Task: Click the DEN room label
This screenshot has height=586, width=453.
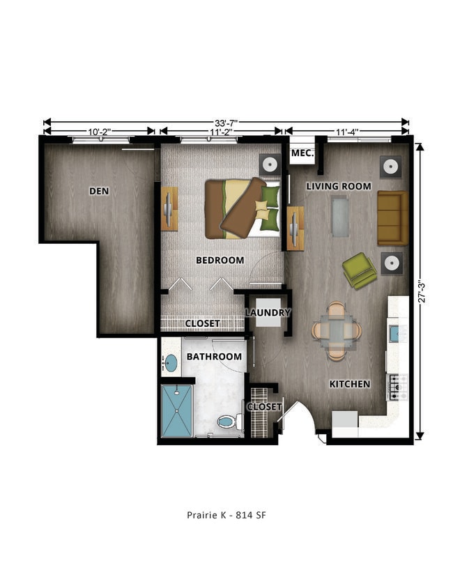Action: [x=100, y=191]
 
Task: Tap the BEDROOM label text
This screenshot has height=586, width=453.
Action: [x=220, y=261]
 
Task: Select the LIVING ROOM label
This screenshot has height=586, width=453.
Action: [x=339, y=186]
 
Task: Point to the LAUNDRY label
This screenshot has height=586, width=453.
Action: [x=268, y=313]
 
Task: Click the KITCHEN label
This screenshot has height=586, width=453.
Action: [x=349, y=384]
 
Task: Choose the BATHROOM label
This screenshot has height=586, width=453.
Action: [x=214, y=357]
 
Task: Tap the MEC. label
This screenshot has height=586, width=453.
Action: [x=302, y=153]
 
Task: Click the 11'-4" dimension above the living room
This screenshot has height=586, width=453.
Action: [x=346, y=130]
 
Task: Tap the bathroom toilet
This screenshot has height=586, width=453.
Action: [x=227, y=421]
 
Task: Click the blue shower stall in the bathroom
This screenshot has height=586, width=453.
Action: [x=177, y=411]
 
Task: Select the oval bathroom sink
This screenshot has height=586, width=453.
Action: [x=171, y=362]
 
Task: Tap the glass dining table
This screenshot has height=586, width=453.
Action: [x=337, y=332]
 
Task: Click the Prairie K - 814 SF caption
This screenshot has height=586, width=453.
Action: [x=227, y=516]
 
